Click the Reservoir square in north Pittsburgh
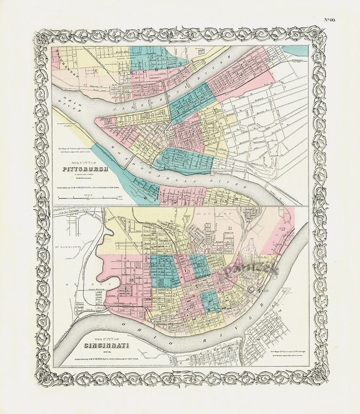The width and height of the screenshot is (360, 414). point(202,51)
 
